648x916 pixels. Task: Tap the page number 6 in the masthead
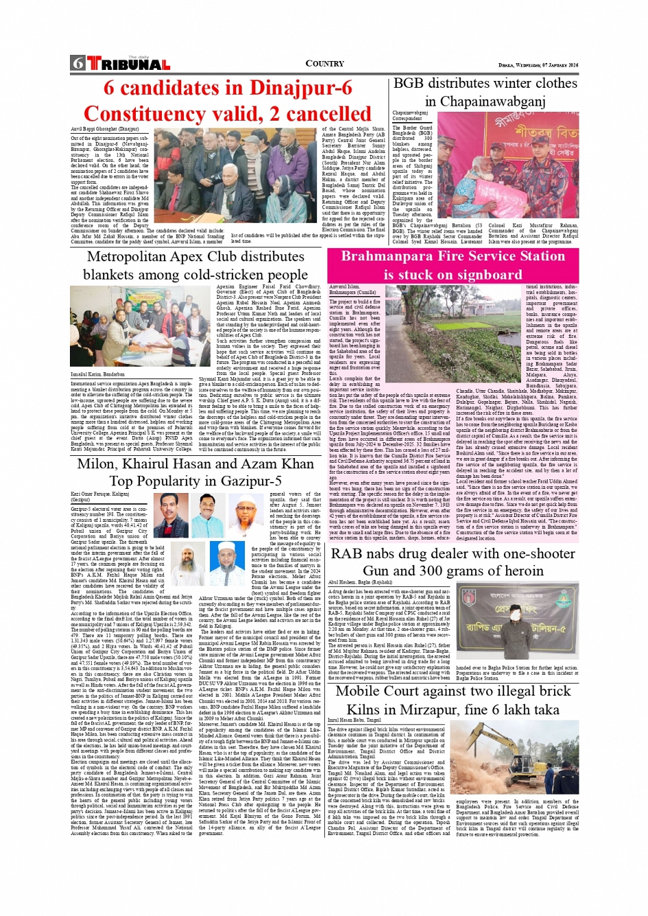(77, 64)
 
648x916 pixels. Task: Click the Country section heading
(324, 64)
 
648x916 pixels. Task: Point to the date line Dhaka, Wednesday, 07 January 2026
(538, 65)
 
